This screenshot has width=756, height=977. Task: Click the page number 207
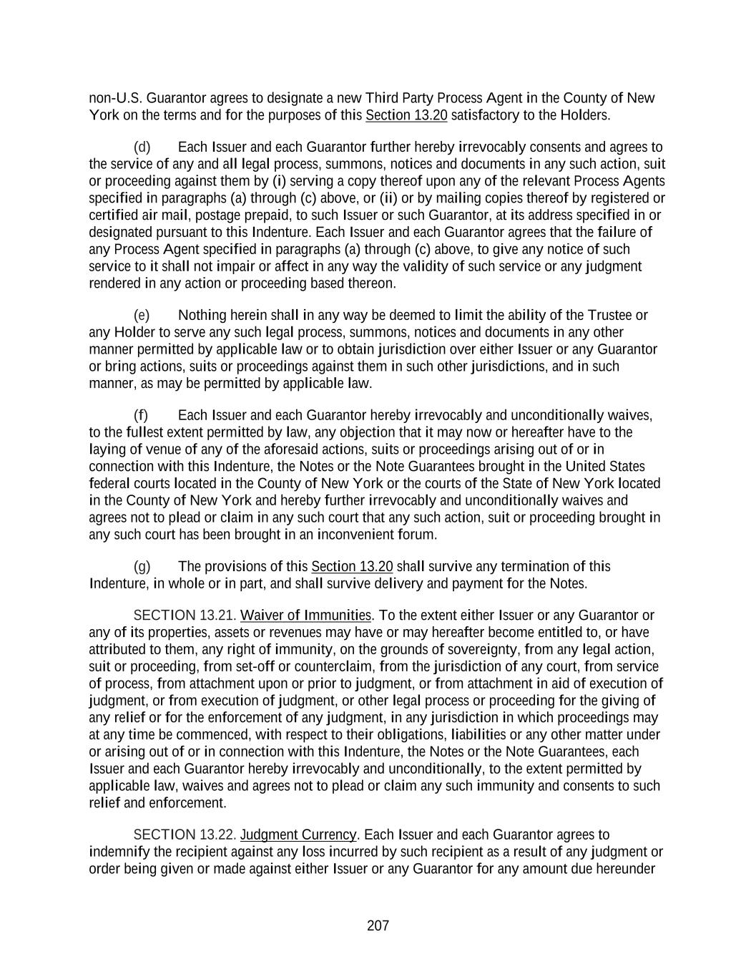coord(378,926)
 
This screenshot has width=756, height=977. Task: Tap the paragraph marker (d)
coord(142,147)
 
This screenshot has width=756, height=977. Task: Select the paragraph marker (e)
coord(142,316)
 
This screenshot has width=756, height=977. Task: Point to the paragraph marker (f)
coord(142,416)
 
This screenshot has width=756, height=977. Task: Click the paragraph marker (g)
coord(142,567)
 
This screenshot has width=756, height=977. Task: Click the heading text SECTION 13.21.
coord(185,616)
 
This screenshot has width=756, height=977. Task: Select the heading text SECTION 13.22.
coord(185,835)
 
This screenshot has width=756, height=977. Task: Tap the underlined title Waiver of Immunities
coord(306,616)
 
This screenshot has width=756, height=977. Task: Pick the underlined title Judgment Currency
coord(298,835)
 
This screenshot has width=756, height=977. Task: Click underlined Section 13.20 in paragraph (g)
coord(352,567)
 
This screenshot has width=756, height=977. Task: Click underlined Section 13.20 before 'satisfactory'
coord(406,115)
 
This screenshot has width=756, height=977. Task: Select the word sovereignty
coord(483,650)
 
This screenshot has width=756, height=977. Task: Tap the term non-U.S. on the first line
coord(115,98)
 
